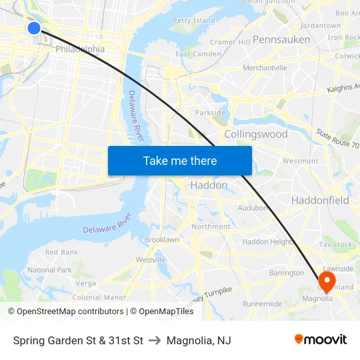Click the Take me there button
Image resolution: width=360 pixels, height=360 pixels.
tap(180, 160)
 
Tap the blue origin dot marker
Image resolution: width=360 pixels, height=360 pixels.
tap(34, 27)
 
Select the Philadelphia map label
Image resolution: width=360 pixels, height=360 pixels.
tap(80, 49)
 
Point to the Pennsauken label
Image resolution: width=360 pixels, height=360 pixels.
tap(281, 39)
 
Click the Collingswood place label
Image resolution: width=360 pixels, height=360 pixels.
tap(255, 134)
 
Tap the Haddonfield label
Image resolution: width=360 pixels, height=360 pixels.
tap(320, 200)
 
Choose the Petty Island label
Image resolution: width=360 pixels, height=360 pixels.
tap(193, 21)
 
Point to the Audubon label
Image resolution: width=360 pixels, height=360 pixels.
tap(253, 207)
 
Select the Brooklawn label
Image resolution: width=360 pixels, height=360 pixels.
tap(162, 240)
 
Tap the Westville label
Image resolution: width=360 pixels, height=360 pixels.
tap(151, 260)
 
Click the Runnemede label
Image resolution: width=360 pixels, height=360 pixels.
tap(262, 304)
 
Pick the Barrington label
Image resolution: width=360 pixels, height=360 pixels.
tap(286, 273)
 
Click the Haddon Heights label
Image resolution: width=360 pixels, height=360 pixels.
tap(268, 242)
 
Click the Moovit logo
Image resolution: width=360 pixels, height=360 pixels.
tap(321, 339)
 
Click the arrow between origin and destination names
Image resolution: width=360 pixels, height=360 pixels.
tap(155, 340)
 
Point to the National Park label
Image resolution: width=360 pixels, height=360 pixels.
tap(50, 270)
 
